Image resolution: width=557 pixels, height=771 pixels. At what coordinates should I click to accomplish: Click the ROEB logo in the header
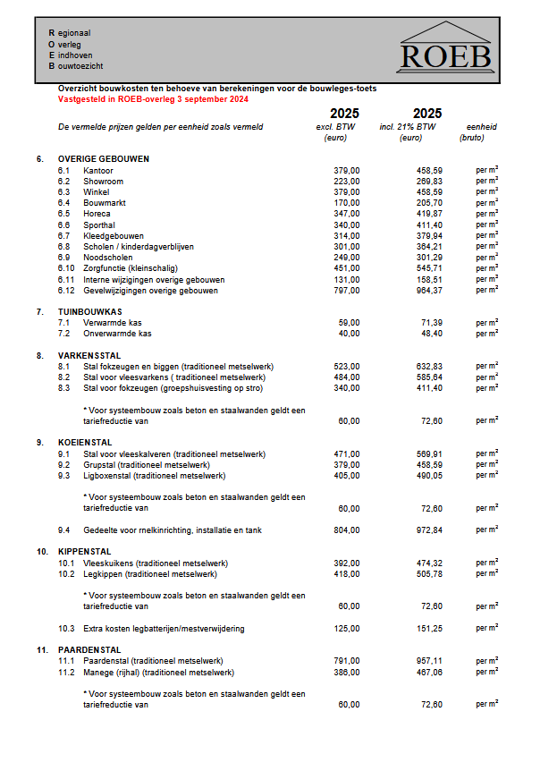(x=445, y=51)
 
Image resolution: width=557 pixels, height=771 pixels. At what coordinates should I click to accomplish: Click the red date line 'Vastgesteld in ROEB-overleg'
(x=153, y=98)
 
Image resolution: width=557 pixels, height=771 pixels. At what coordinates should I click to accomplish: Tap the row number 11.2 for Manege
(x=65, y=672)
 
